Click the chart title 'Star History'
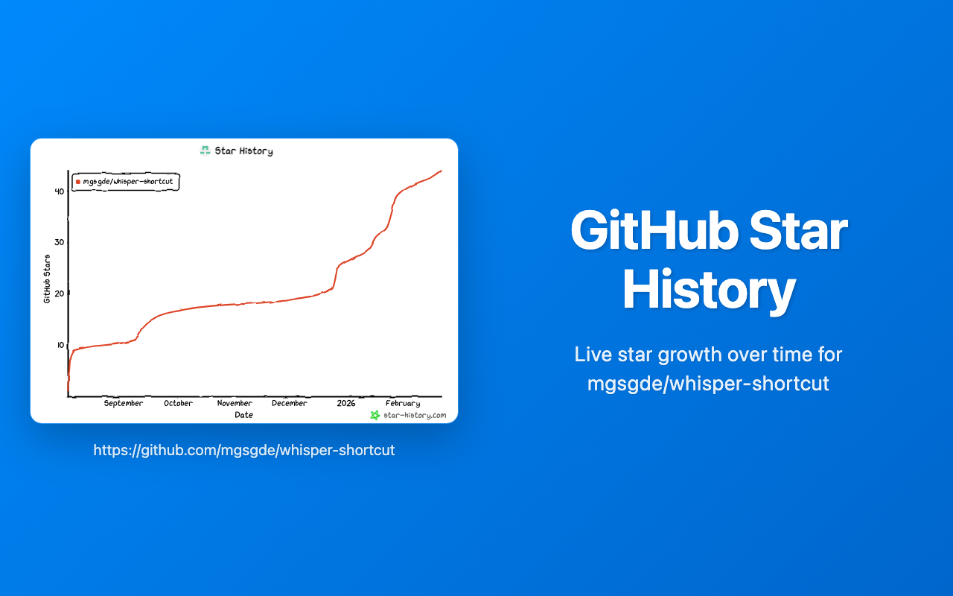point(243,151)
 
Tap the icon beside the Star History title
point(205,150)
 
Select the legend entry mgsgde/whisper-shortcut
point(128,182)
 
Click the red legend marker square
point(78,182)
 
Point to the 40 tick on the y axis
point(59,191)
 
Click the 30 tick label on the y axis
point(59,242)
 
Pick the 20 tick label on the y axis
point(59,294)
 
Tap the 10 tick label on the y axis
point(59,345)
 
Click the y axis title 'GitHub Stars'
point(47,279)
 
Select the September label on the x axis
point(124,403)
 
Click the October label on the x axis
point(178,403)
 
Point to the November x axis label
point(235,403)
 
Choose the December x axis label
point(289,403)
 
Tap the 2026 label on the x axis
point(346,403)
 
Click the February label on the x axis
point(403,403)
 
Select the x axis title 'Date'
point(243,415)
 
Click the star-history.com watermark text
point(415,415)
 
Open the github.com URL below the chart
point(244,450)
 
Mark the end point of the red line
point(442,171)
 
